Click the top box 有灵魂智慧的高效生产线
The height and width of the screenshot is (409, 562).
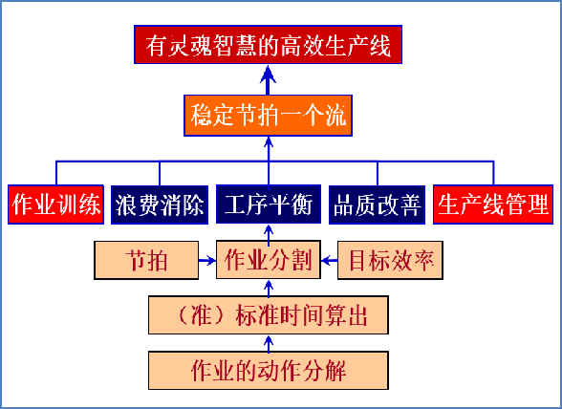[268, 45]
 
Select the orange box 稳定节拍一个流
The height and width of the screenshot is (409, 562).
[268, 116]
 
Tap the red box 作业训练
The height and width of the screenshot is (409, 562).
[55, 204]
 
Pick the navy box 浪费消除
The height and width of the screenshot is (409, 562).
[160, 204]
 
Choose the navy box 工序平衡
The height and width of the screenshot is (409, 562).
[269, 204]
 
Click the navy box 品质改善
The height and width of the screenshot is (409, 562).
[377, 204]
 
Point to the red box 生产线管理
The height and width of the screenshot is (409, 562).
[493, 204]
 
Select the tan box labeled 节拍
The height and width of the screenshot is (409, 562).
[146, 260]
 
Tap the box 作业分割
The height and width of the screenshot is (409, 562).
[269, 260]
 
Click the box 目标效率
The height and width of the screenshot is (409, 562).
[390, 260]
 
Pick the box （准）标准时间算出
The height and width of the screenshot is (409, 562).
[269, 315]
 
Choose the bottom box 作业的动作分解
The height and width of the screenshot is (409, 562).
[269, 370]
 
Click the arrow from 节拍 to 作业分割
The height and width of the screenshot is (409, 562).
[207, 260]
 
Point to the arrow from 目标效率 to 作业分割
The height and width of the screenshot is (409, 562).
[330, 260]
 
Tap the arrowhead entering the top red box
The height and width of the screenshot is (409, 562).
[268, 74]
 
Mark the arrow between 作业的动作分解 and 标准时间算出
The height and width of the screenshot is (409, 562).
[269, 343]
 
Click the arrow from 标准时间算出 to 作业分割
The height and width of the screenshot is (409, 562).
[269, 288]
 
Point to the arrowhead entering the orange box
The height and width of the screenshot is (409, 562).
[269, 141]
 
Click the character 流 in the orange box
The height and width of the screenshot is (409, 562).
[335, 116]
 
